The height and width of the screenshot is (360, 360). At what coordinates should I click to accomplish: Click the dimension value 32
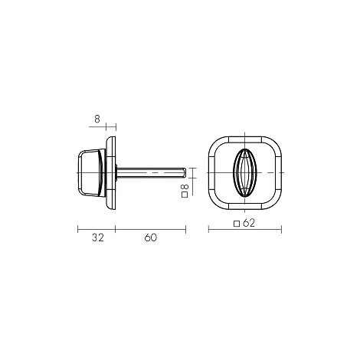coord(98,237)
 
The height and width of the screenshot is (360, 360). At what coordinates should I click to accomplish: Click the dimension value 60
coord(151,237)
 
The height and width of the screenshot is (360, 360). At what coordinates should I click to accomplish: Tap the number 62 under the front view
coord(249,223)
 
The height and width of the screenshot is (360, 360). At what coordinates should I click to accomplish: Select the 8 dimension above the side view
coord(97,119)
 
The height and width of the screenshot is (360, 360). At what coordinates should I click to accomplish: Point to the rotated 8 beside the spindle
coord(185,187)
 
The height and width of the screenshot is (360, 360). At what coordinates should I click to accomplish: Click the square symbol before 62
coord(237,224)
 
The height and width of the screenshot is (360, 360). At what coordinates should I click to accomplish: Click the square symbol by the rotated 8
coord(185,195)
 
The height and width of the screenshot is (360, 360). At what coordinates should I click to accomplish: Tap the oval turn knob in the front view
coord(244,172)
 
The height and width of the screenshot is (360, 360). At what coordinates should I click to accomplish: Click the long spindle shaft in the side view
coord(151,172)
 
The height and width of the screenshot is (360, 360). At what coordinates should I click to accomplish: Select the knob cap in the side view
coord(91,173)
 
